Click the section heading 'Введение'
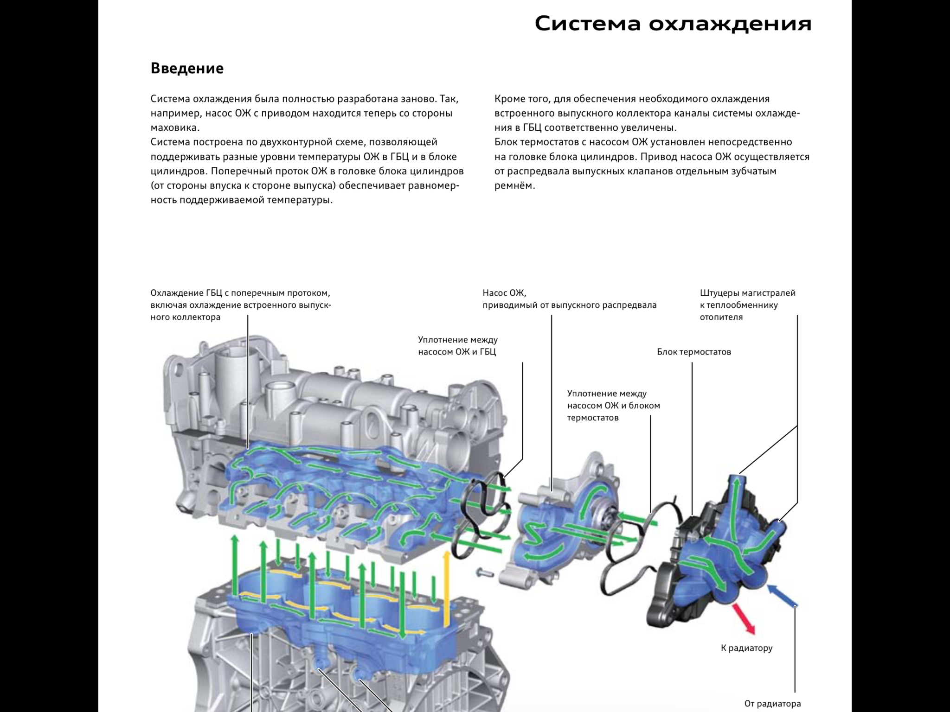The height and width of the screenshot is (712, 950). point(187,69)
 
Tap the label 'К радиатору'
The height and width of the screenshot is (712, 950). point(746,648)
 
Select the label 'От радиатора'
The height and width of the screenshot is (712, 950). point(772,703)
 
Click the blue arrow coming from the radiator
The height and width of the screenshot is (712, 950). point(782,595)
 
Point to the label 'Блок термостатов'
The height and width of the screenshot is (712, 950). point(693,352)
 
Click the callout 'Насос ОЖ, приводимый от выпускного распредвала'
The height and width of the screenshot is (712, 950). point(569,299)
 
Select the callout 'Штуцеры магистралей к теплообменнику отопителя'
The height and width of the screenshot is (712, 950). point(747,305)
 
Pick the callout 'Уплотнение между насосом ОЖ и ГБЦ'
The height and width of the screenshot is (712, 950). point(457,346)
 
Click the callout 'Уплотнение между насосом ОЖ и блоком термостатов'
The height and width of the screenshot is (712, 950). point(613,406)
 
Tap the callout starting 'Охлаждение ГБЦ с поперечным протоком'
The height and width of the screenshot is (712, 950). point(240,305)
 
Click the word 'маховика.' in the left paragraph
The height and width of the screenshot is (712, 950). point(175,128)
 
